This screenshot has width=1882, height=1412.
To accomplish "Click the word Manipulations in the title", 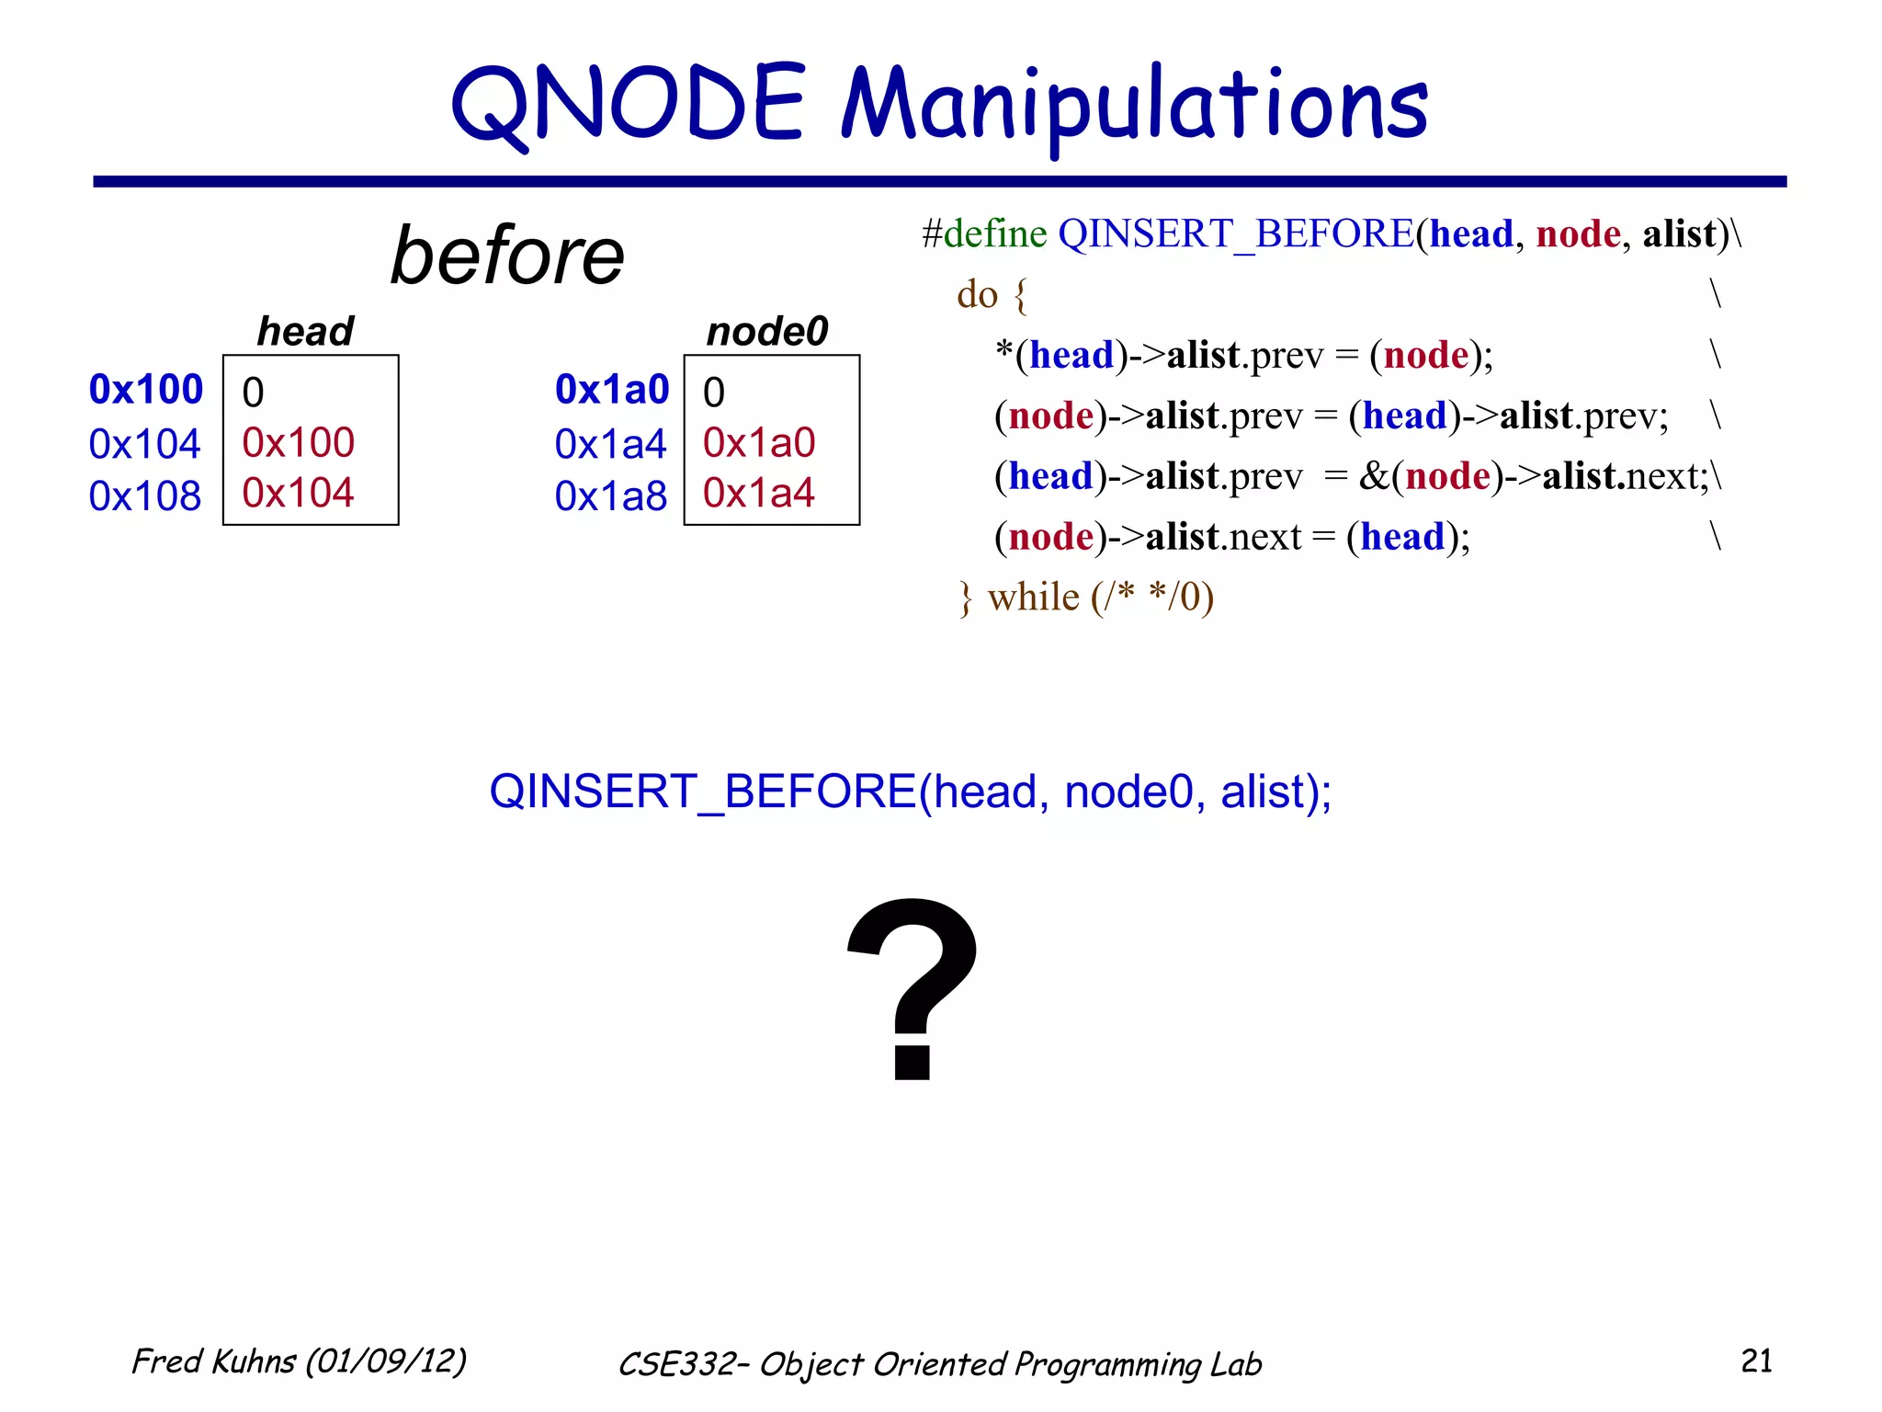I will pyautogui.click(x=1134, y=106).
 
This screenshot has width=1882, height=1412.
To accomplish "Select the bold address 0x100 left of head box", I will pyautogui.click(x=145, y=390).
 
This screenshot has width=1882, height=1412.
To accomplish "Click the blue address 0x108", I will pyautogui.click(x=145, y=496).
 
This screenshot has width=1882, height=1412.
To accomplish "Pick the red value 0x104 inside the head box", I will pyautogui.click(x=298, y=494).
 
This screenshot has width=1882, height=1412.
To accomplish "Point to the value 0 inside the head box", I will pyautogui.click(x=253, y=393).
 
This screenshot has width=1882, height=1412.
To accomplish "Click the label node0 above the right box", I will pyautogui.click(x=767, y=331).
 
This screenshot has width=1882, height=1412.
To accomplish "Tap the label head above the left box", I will pyautogui.click(x=305, y=331).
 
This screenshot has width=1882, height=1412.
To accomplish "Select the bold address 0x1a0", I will pyautogui.click(x=612, y=390).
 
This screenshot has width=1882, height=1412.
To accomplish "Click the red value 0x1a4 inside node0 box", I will pyautogui.click(x=759, y=494).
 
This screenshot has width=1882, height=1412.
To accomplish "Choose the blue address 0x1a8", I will pyautogui.click(x=611, y=496).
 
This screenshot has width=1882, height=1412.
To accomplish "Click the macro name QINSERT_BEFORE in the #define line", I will pyautogui.click(x=1236, y=234).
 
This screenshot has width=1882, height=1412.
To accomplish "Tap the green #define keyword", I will pyautogui.click(x=984, y=234).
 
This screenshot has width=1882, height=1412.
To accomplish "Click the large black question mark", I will pyautogui.click(x=912, y=988).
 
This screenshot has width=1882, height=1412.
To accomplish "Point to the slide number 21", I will pyautogui.click(x=1756, y=1361).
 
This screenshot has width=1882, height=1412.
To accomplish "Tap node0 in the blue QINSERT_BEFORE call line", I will pyautogui.click(x=1128, y=791).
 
